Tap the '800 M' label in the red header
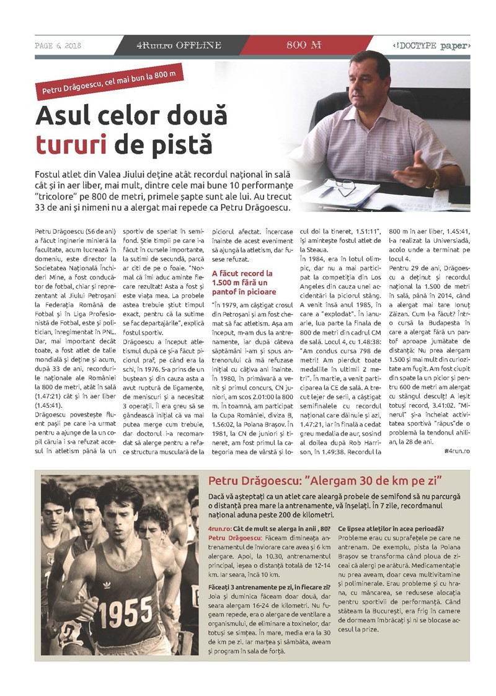(x=304, y=45)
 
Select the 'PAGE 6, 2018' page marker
(x=58, y=46)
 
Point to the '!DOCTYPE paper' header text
(x=432, y=46)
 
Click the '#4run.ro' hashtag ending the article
(x=457, y=450)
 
